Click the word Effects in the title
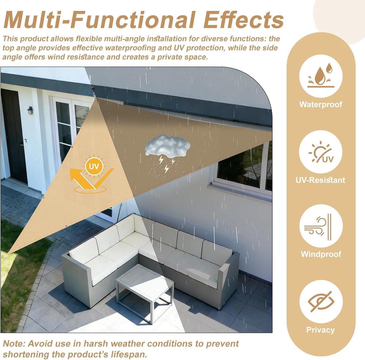pos(244,20)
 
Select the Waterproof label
pos(321,104)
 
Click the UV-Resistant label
pos(320,180)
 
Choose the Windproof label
pos(321,254)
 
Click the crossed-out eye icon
pos(321,302)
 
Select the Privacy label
pos(321,330)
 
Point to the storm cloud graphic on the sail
pos(167,153)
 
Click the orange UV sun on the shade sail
pos(94,166)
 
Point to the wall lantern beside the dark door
pos(30,110)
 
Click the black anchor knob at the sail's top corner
pos(93,88)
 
